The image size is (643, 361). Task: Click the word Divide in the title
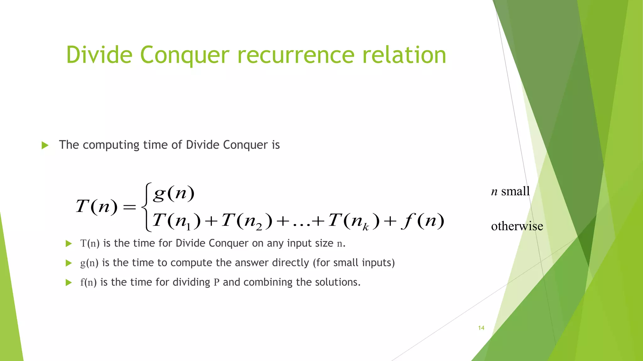click(x=100, y=55)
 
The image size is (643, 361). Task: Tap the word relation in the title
click(x=404, y=55)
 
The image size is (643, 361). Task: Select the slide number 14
click(x=481, y=328)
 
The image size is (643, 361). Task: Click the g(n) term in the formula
click(x=174, y=193)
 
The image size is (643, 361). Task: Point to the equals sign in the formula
click(x=130, y=207)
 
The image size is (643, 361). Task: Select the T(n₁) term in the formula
click(x=176, y=221)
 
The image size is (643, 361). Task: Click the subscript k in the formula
click(x=365, y=227)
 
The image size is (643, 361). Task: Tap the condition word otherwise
click(x=517, y=226)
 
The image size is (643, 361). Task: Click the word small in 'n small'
click(x=515, y=191)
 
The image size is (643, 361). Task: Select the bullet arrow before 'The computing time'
click(x=45, y=145)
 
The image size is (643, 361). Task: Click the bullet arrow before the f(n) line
click(x=68, y=283)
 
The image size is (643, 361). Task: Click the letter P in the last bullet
click(x=216, y=282)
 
